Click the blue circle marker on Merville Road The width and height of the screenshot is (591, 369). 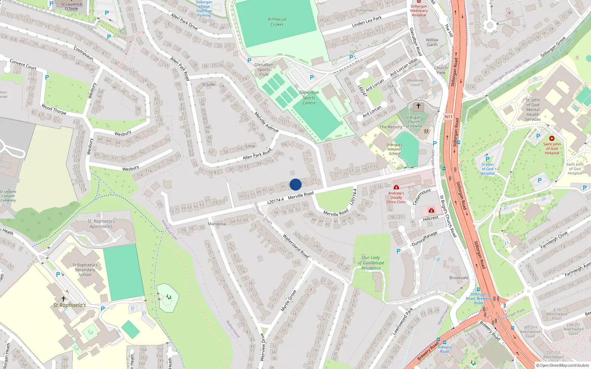click(295, 184)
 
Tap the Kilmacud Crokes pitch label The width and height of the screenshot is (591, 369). click(277, 22)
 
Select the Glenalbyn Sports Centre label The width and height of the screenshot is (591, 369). click(309, 98)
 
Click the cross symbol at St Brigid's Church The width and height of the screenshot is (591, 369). click(418, 106)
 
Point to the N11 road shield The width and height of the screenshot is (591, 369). click(448, 117)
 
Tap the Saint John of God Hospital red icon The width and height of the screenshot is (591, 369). click(552, 138)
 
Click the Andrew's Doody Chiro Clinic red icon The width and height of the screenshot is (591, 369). click(396, 187)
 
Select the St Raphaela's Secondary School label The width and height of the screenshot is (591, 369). click(85, 270)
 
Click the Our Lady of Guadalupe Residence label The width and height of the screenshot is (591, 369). click(371, 263)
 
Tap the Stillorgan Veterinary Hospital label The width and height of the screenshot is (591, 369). click(419, 11)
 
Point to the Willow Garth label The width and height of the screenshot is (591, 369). click(432, 42)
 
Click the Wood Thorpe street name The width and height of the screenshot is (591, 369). click(54, 109)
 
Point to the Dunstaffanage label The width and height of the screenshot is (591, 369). click(424, 239)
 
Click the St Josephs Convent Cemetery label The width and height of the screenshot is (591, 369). click(8, 196)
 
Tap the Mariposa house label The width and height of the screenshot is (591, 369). click(216, 224)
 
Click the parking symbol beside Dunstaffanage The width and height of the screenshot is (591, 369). click(399, 251)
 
